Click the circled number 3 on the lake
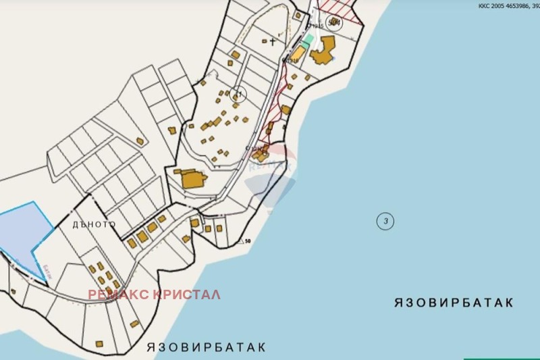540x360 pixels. pyautogui.click(x=385, y=221)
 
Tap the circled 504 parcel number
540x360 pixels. pyautogui.click(x=334, y=23)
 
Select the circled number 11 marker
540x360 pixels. pyautogui.click(x=239, y=94)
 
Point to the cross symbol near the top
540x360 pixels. pyautogui.click(x=273, y=42)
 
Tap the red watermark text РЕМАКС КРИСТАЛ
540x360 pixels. pyautogui.click(x=155, y=294)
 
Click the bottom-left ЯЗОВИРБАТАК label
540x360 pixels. pyautogui.click(x=207, y=347)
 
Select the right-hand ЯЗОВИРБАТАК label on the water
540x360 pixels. pyautogui.click(x=453, y=302)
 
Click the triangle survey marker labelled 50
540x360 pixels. pyautogui.click(x=242, y=240)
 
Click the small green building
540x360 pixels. pyautogui.click(x=308, y=41)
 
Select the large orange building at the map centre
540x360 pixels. pyautogui.click(x=193, y=180)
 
